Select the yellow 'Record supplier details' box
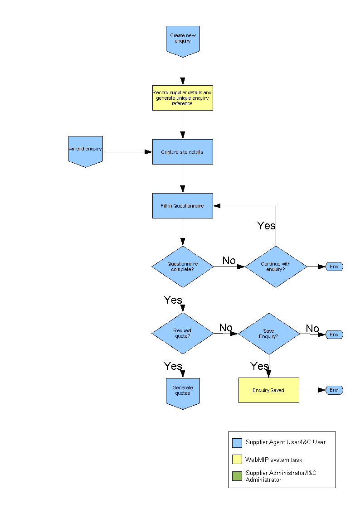tap(182, 98)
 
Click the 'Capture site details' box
tap(182, 152)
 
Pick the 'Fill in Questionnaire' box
tap(182, 206)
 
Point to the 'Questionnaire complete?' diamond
tap(182, 267)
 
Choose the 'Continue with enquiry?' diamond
tap(276, 267)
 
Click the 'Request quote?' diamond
tap(182, 333)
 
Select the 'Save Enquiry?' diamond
tap(269, 334)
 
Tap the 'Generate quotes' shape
tap(182, 392)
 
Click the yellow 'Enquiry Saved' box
tap(268, 390)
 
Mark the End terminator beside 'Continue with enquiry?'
tap(334, 267)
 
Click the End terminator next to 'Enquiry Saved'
tap(334, 390)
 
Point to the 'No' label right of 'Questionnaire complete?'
tap(229, 261)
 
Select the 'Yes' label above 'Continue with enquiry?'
tap(266, 225)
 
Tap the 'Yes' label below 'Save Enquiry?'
tap(259, 366)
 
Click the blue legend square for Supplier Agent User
tap(237, 443)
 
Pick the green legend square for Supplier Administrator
tap(237, 476)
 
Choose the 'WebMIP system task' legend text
tap(273, 460)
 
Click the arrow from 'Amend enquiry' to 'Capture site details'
tap(127, 152)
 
